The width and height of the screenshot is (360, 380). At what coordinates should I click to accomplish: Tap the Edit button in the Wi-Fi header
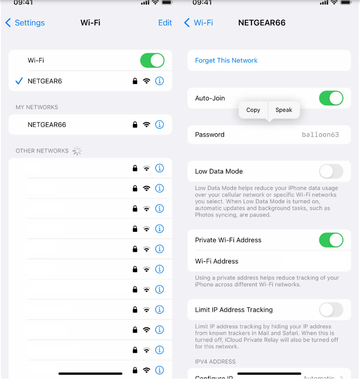(x=165, y=23)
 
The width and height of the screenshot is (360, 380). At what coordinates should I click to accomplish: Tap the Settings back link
(x=25, y=23)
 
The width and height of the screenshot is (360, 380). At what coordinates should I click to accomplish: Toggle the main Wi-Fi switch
(x=152, y=60)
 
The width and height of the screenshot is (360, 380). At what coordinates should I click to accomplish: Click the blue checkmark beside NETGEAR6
(x=19, y=81)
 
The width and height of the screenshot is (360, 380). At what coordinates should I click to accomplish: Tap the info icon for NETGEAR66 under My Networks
(x=160, y=124)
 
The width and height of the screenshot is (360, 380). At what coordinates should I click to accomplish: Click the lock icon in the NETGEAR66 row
(x=135, y=125)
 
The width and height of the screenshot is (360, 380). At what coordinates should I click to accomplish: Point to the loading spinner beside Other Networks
(x=77, y=151)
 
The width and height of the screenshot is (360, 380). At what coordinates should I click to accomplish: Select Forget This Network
(x=226, y=60)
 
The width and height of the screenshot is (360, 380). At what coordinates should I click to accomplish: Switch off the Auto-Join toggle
(x=331, y=98)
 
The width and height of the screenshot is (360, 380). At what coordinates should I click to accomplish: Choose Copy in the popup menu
(x=253, y=110)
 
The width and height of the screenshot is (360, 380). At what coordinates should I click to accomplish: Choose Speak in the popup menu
(x=284, y=110)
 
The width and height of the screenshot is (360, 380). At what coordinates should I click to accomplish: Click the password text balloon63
(x=320, y=135)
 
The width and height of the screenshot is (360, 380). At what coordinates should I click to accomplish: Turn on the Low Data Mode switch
(x=331, y=171)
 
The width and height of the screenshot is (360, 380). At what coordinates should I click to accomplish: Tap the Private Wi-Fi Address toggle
(x=331, y=240)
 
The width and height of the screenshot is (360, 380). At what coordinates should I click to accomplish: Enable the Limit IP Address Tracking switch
(x=331, y=310)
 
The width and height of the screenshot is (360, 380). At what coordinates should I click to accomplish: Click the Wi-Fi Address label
(x=216, y=261)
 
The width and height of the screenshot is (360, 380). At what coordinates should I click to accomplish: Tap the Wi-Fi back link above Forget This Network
(x=199, y=23)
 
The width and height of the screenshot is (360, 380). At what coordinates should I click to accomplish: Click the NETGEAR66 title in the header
(x=262, y=23)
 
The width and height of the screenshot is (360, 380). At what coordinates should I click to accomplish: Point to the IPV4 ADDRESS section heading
(x=215, y=362)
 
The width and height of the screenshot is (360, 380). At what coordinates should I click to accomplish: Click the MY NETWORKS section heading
(x=37, y=107)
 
